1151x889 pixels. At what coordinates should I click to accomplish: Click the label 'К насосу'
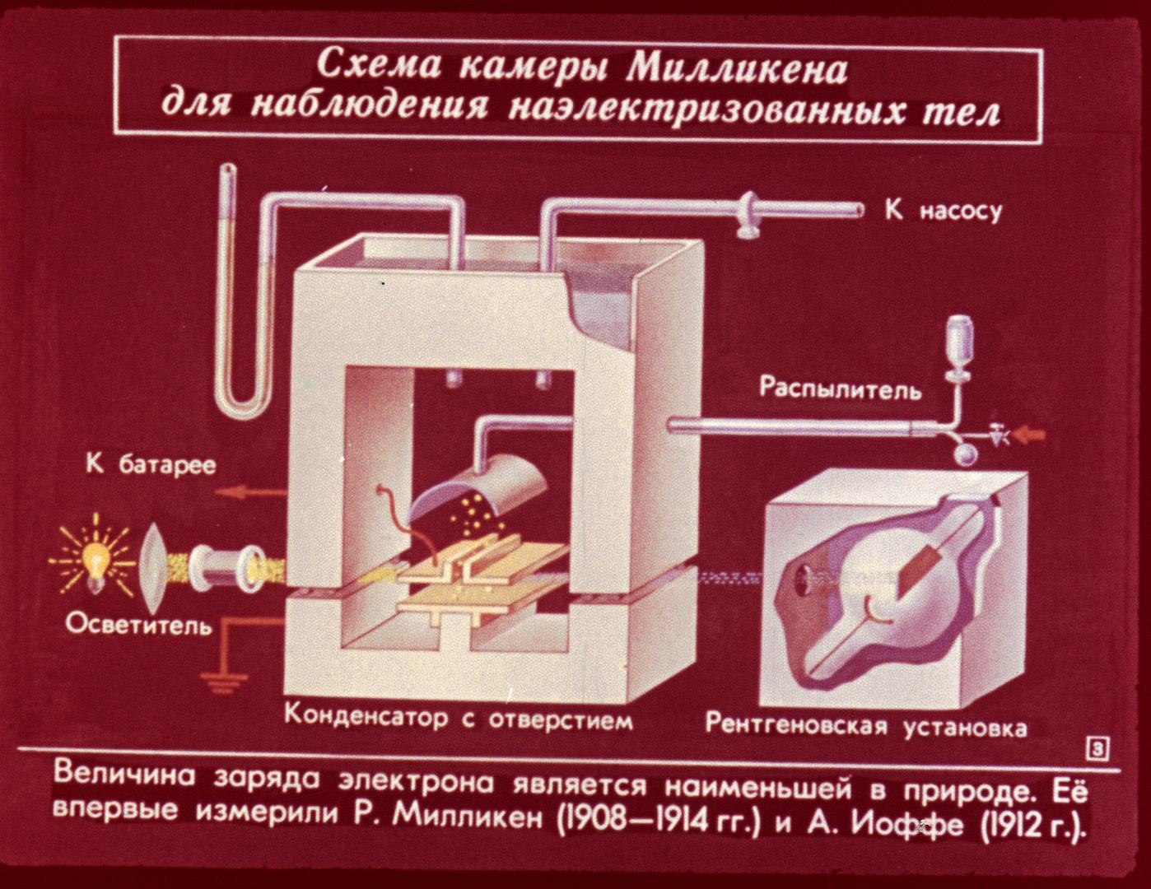coord(943,211)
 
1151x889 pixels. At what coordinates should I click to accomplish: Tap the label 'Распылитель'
coord(840,388)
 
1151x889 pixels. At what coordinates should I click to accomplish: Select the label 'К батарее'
coord(151,465)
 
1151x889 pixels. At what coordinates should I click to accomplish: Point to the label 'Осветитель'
coord(138,625)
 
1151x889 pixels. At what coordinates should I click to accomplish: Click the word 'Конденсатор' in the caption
coord(366,716)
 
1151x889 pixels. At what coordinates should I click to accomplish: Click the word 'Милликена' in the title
coord(736,69)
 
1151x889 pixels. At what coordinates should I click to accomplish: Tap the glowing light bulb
coord(92,559)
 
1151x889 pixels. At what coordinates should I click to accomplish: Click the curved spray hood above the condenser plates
coord(482,490)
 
